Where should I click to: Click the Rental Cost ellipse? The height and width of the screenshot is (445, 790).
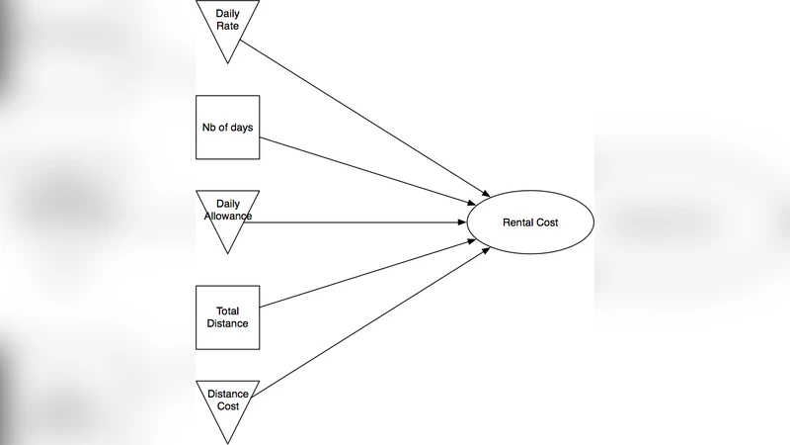tap(529, 222)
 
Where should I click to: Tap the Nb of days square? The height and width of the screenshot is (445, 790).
tap(228, 128)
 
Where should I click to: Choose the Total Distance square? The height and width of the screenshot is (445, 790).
tap(228, 317)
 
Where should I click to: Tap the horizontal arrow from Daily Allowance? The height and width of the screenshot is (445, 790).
tap(355, 222)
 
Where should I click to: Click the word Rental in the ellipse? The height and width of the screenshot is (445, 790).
tap(518, 222)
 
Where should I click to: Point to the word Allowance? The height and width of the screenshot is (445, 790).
tap(228, 216)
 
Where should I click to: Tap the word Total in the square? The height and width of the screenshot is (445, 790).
tap(228, 311)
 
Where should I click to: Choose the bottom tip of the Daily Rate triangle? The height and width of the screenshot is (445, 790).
tap(228, 62)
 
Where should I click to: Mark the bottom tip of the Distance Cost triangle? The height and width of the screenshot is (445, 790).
tap(228, 442)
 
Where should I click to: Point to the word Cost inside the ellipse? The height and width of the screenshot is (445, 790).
tap(547, 222)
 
